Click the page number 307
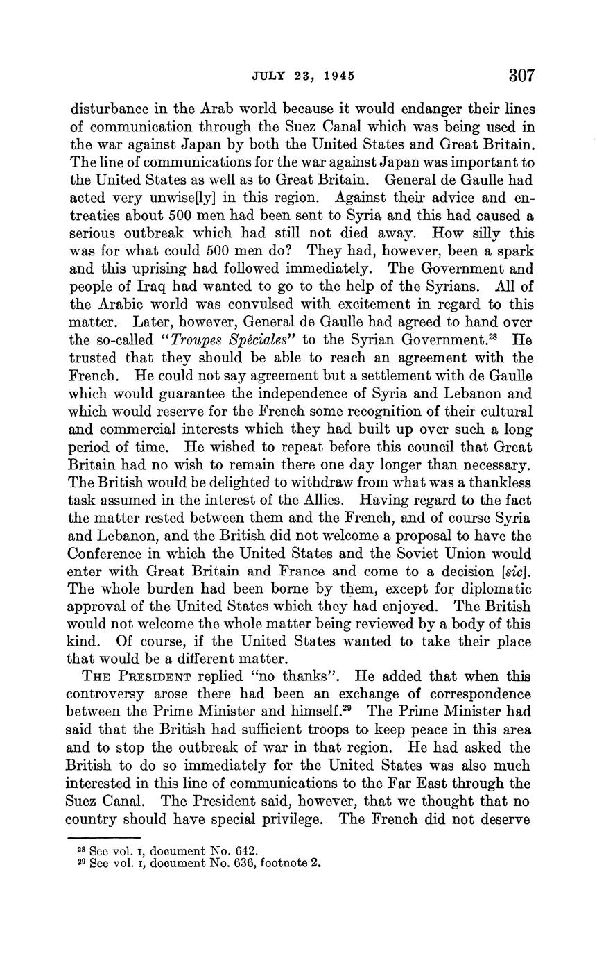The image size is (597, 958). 521,75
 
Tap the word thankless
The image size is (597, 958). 501,482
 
